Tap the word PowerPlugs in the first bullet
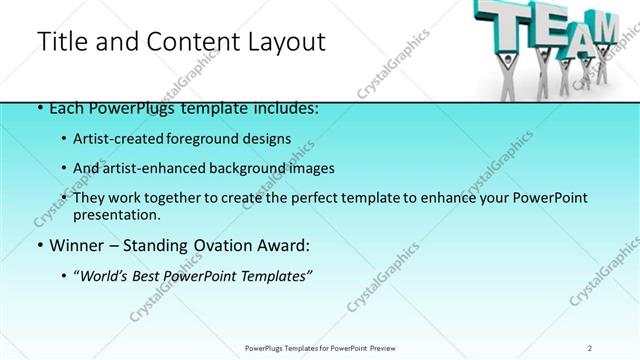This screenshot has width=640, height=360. [x=121, y=108]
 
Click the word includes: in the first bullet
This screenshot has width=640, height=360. [x=282, y=108]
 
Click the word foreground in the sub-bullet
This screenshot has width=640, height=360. [x=204, y=138]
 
